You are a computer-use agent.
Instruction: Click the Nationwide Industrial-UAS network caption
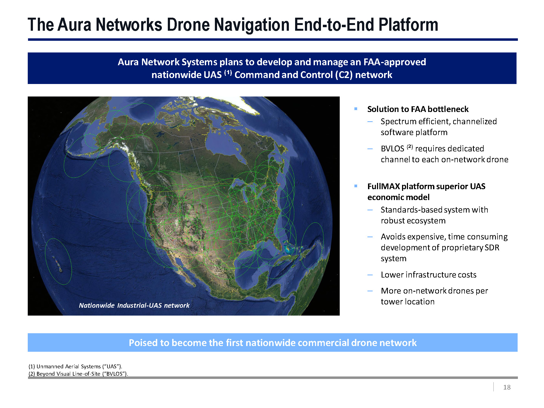(134, 305)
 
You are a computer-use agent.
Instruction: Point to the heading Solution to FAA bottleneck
(418, 109)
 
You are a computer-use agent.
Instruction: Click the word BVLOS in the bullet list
(392, 149)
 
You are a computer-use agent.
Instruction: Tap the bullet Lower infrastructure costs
(428, 275)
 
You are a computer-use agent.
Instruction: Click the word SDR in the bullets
(492, 248)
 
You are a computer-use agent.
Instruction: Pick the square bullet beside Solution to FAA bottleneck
(356, 109)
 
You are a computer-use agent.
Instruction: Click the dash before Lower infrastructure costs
(370, 275)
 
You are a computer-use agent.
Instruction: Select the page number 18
(507, 387)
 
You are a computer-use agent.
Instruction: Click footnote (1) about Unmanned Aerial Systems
(75, 366)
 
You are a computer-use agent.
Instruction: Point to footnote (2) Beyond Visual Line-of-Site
(78, 374)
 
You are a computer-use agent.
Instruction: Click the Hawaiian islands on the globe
(58, 265)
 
